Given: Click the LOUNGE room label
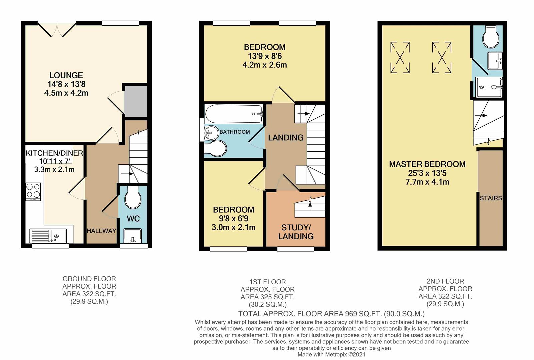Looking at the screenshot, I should coord(66,76).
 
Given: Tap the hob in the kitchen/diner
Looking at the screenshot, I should coord(33,191).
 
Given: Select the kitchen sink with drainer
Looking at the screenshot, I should coord(48,235).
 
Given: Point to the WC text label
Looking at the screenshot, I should coord(133,219).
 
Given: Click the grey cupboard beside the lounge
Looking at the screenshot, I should coord(135,101).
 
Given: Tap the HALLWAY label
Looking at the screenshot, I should coord(101,231).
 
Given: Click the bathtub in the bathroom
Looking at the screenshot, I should coord(234,114).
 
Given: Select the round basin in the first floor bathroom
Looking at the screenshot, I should coord(211,134).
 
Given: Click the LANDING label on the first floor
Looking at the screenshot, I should coord(286,137).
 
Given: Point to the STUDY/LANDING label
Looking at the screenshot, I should coord(296,232).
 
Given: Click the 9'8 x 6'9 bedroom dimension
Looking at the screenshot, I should coord(233,219).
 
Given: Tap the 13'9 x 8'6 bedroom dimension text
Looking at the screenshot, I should coord(264,56).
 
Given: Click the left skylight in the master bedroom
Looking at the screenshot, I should coord(400,57).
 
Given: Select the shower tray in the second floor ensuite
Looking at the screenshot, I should coord(489,87).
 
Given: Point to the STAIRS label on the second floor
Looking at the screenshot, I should coord(491,198).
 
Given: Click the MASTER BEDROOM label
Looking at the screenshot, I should coord(427,164).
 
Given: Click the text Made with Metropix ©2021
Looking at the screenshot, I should coord(331,354).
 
